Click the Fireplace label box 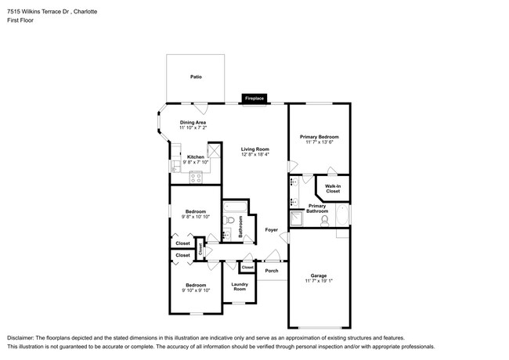(x=254, y=99)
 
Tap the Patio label (x=196, y=77)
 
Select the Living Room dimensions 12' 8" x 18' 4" (x=255, y=154)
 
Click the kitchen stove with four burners (x=196, y=177)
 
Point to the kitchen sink (x=175, y=167)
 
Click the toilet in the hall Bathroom (x=229, y=220)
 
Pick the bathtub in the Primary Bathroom (x=342, y=215)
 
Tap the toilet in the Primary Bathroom (x=324, y=221)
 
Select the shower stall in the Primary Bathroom (x=296, y=219)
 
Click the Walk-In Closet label (x=333, y=189)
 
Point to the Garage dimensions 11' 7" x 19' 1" (x=319, y=281)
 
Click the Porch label (x=272, y=271)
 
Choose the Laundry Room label (x=240, y=286)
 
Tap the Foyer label (x=272, y=229)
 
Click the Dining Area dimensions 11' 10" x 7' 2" (x=193, y=128)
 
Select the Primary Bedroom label (x=319, y=137)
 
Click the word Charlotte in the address (x=85, y=12)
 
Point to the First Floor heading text (x=20, y=20)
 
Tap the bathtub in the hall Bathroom (x=236, y=206)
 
